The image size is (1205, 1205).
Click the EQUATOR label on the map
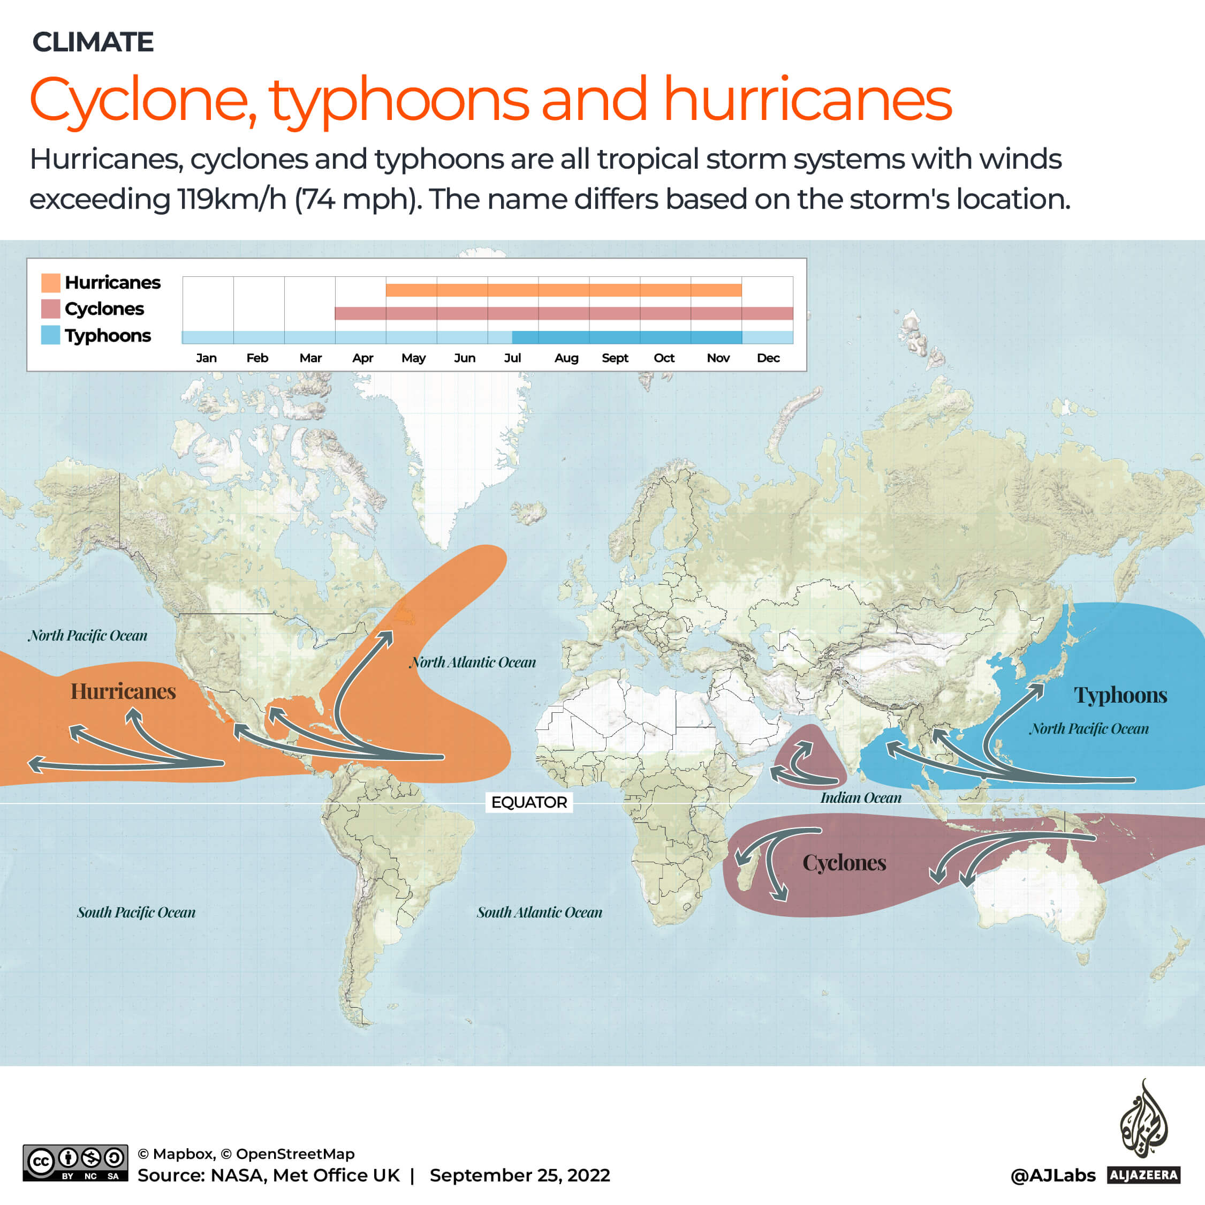529,802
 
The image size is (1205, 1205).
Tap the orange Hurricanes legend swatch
50,283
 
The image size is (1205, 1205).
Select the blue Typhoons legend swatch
50,335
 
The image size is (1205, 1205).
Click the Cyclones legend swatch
50,309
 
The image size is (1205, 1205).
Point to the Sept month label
615,358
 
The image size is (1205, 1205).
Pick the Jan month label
207,358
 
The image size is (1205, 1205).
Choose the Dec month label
768,358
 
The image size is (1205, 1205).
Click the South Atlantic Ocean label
540,913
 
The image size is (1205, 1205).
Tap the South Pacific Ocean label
136,913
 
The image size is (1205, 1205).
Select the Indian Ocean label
860,797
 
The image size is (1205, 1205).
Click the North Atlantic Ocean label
473,662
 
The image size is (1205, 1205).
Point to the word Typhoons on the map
1120,695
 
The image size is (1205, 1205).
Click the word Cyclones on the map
844,863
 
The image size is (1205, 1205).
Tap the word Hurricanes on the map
123,691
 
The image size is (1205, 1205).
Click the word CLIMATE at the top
93,42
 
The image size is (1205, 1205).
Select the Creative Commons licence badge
75,1163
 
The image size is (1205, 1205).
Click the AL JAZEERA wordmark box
1144,1176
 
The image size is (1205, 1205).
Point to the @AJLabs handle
1053,1176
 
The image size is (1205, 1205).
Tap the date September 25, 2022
520,1176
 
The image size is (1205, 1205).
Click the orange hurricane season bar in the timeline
563,290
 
